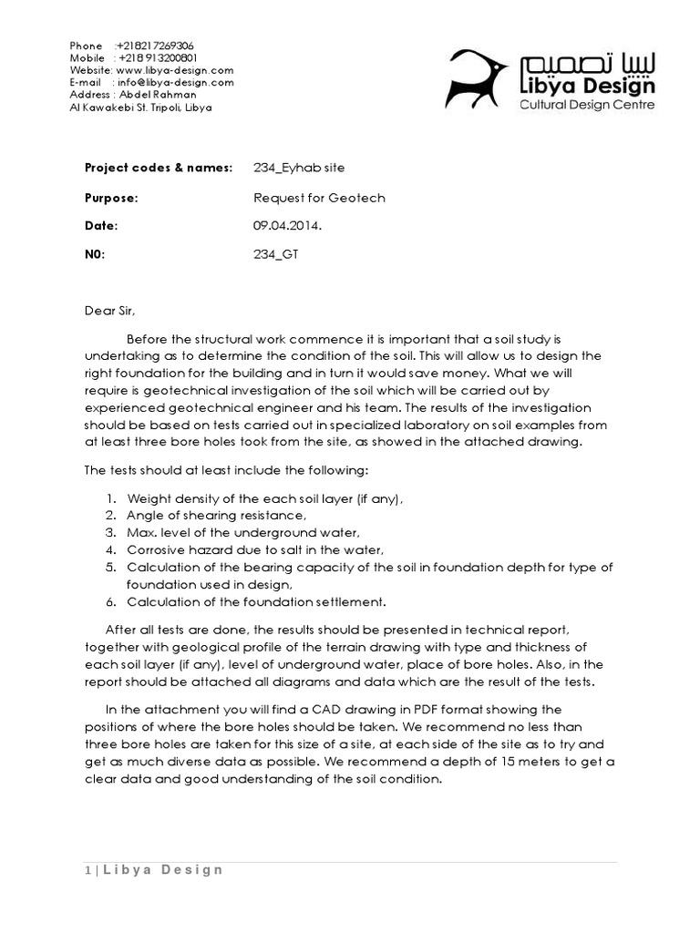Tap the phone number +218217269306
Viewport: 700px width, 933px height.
coord(155,46)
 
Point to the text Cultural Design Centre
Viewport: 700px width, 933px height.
coord(586,106)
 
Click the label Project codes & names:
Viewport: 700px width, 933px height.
coord(159,168)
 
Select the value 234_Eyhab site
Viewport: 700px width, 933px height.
coord(299,168)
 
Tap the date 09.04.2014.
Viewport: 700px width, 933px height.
coord(286,226)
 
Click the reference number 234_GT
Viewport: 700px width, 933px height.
coord(275,255)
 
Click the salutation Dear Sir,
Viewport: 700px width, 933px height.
coord(108,312)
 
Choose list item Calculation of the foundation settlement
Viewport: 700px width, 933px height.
coord(257,601)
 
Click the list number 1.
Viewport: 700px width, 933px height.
coord(109,498)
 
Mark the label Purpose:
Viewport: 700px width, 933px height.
coord(111,197)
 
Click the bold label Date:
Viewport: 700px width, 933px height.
coord(101,226)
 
